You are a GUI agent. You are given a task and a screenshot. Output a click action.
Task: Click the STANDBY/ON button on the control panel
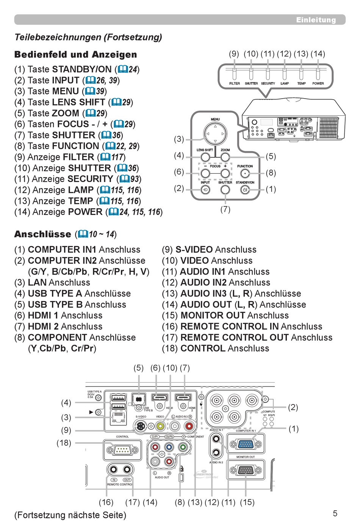(x=245, y=190)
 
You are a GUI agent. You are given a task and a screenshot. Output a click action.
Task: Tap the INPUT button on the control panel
(x=205, y=190)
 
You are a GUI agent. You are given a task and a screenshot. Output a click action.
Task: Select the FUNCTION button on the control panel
(x=245, y=173)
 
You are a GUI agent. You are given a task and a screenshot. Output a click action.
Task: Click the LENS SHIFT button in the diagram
(x=205, y=157)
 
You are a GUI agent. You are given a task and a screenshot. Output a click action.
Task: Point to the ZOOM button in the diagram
(x=225, y=157)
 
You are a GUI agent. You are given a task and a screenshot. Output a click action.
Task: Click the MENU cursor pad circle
(x=215, y=133)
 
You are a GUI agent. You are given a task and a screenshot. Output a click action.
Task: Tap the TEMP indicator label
(x=301, y=83)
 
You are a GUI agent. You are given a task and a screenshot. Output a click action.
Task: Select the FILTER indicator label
(x=235, y=83)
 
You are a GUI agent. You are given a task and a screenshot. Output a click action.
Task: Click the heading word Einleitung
(x=316, y=20)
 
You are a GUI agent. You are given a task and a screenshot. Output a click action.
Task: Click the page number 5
(x=335, y=513)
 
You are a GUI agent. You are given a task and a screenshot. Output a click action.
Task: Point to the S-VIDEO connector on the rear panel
(x=141, y=426)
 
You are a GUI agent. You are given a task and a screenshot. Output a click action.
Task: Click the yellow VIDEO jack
(x=160, y=426)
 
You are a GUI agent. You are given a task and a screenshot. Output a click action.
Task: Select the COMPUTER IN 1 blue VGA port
(x=246, y=444)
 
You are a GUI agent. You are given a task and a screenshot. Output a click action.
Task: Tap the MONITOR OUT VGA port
(x=246, y=470)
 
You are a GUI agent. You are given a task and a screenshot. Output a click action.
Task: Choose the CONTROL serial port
(x=122, y=450)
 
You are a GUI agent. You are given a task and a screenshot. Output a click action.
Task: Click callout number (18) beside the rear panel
(x=64, y=443)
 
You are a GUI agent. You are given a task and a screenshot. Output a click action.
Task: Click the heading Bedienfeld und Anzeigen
(x=75, y=55)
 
